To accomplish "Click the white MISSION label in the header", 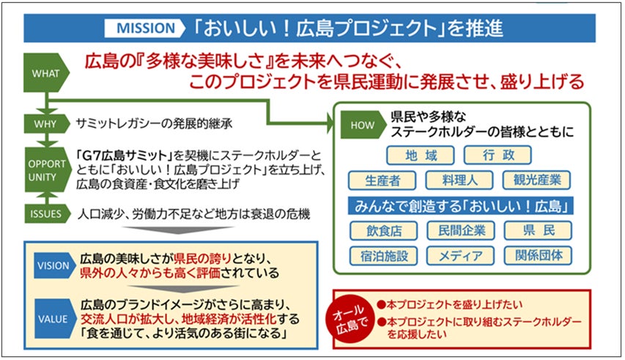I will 145,28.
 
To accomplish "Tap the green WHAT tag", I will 45,73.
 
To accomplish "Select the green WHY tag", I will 45,122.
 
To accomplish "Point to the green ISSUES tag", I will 45,215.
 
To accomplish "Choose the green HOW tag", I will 362,125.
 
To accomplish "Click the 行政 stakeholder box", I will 499,155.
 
